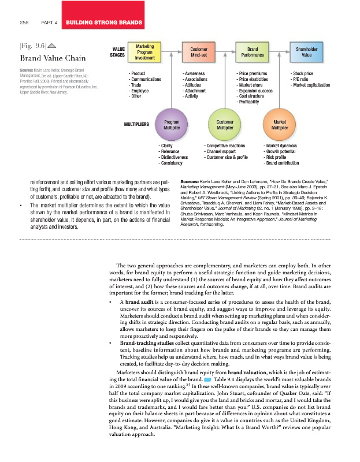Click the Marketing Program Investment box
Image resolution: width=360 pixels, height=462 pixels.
[x=144, y=51]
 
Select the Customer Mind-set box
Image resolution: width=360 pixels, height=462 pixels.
[x=198, y=52]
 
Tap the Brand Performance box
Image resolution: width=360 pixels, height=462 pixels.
[x=252, y=52]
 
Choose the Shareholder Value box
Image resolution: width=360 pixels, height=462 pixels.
[x=306, y=52]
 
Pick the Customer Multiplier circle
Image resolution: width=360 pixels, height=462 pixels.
[x=225, y=124]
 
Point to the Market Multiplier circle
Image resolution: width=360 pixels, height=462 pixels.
[x=279, y=124]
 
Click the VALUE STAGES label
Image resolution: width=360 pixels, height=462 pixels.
[x=118, y=51]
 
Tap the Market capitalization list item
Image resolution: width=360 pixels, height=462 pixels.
[x=311, y=84]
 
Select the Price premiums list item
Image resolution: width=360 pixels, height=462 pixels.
[x=253, y=74]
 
